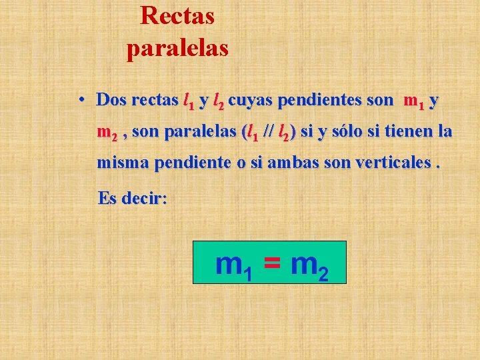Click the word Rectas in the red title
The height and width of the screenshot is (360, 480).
[x=177, y=15]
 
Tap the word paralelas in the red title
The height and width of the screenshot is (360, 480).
[x=177, y=48]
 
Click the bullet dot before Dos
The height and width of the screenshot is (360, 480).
[x=79, y=101]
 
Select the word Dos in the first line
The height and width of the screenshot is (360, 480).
[x=111, y=101]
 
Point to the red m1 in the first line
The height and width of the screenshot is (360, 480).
[x=413, y=101]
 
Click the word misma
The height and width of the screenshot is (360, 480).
[x=123, y=163]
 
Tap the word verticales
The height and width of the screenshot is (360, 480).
[x=389, y=163]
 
